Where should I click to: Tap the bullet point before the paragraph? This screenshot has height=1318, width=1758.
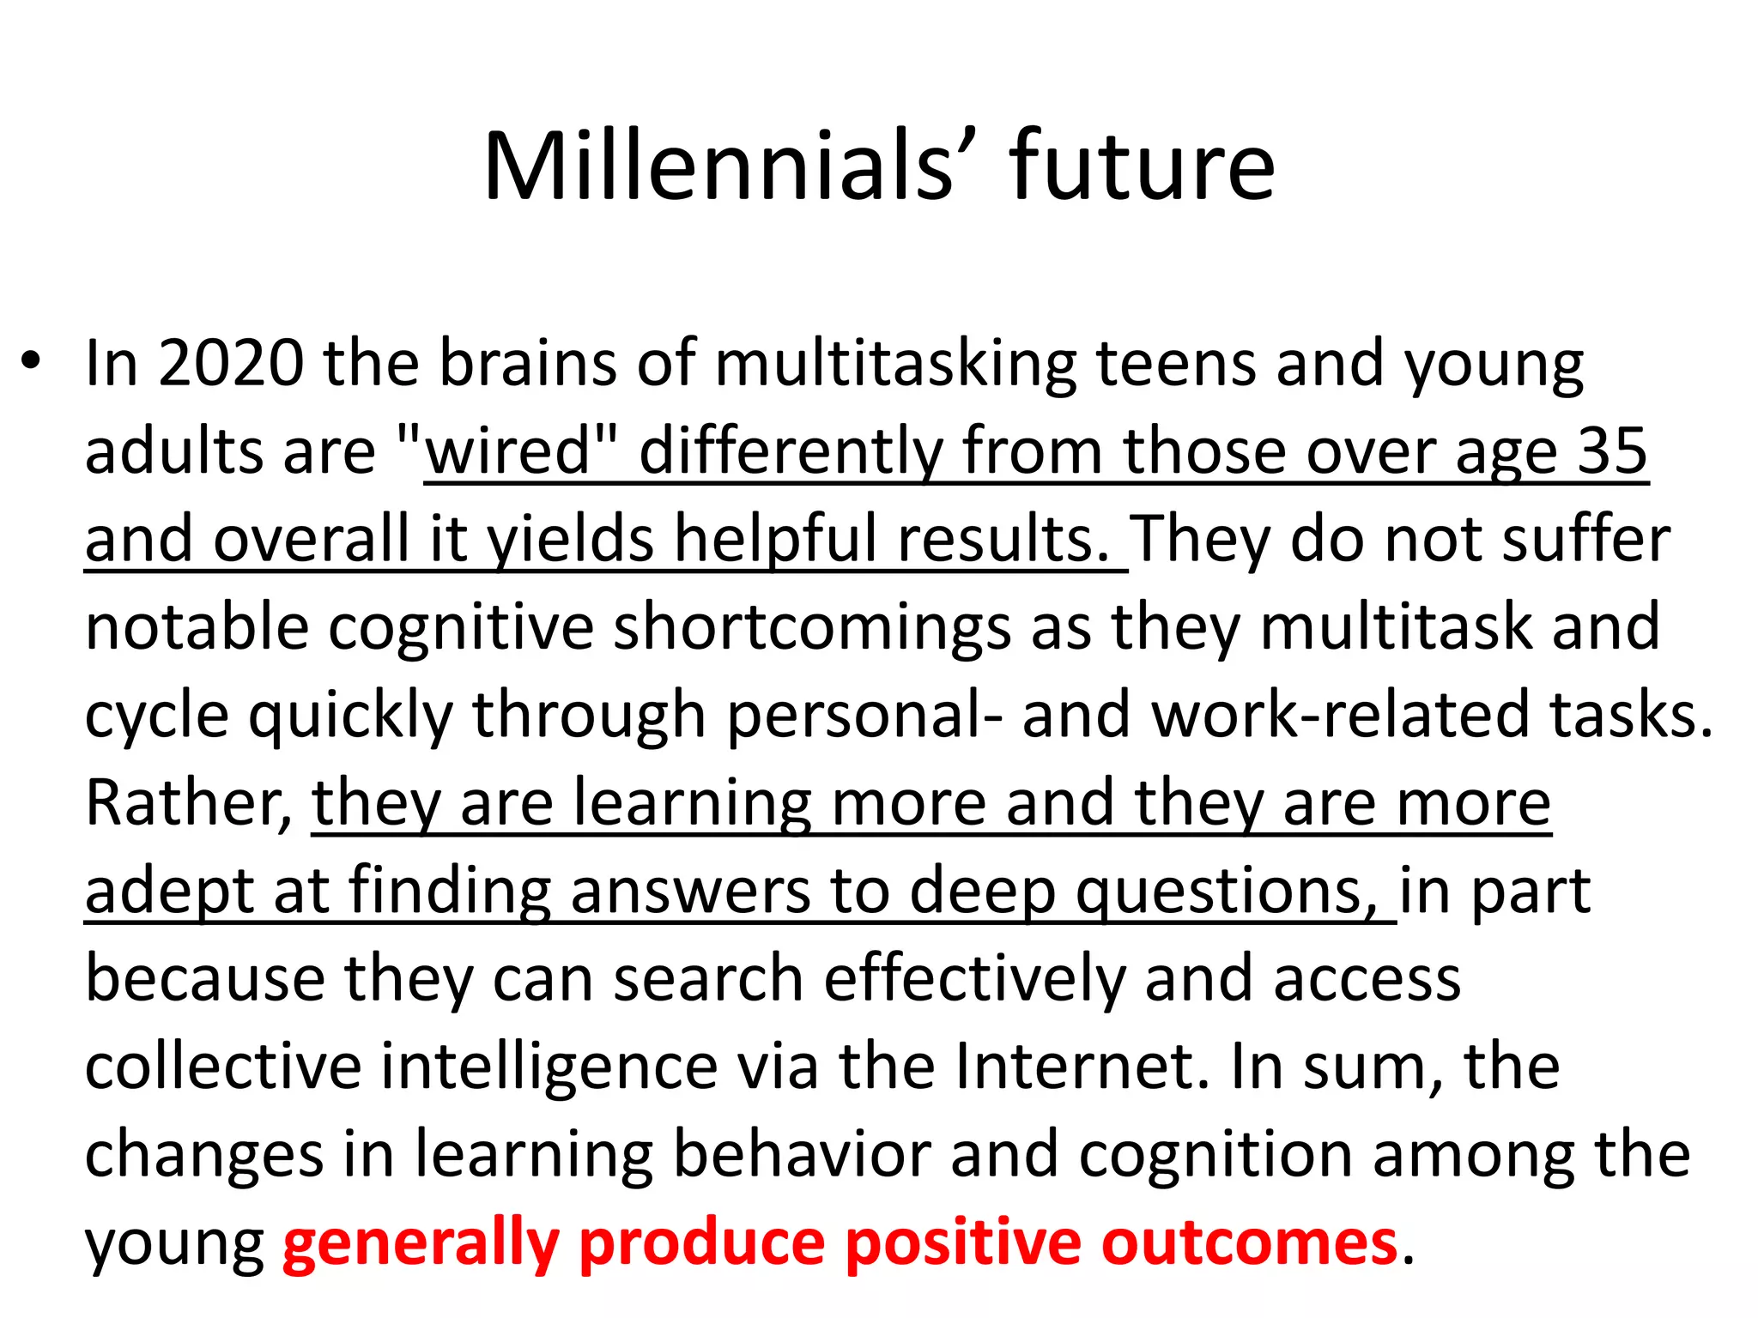click(32, 361)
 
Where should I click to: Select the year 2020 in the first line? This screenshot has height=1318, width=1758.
click(231, 363)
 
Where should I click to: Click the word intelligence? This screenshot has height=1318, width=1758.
click(549, 1067)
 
